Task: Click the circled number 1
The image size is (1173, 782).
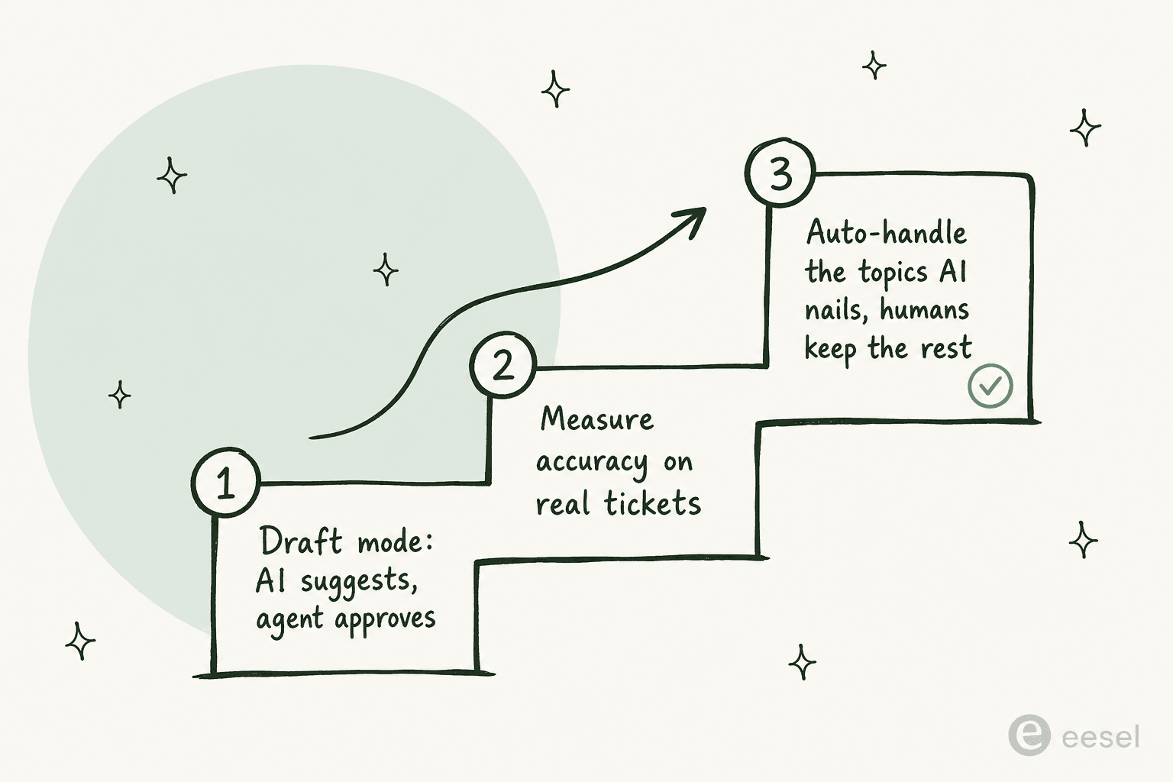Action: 226,483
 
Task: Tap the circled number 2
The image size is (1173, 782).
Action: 503,364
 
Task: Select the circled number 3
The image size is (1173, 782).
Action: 780,173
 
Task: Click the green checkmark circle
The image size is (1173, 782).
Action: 990,386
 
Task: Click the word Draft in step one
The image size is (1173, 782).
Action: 301,541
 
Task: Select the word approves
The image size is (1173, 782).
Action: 385,619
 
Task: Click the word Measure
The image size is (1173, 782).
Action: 597,419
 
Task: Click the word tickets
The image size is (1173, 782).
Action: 652,503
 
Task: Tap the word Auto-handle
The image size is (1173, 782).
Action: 886,232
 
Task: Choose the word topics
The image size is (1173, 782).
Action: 893,273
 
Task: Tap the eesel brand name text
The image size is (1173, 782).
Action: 1100,737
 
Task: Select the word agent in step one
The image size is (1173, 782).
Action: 289,620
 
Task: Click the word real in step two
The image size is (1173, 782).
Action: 563,503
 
